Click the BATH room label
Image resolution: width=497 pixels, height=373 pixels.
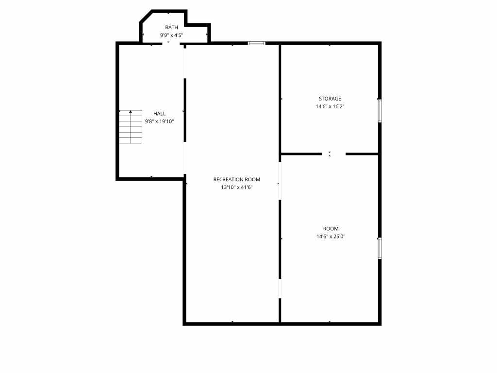click(x=171, y=28)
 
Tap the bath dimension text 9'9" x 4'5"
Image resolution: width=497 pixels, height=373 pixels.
click(x=171, y=35)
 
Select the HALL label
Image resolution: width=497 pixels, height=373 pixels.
click(x=159, y=114)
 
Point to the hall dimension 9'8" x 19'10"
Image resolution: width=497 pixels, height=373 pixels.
click(x=159, y=121)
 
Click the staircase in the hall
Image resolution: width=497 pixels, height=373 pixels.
click(x=131, y=127)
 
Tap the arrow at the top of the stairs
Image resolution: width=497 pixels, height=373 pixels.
click(x=131, y=111)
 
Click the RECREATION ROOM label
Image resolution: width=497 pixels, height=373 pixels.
click(x=237, y=180)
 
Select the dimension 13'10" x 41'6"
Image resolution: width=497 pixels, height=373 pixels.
click(x=237, y=187)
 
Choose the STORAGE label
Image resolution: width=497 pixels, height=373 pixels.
click(x=330, y=99)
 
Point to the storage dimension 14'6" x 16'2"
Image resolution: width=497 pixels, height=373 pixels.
click(x=330, y=106)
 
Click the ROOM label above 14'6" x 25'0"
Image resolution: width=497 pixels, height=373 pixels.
click(x=331, y=229)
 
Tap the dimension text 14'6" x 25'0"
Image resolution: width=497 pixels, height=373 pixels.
click(x=331, y=237)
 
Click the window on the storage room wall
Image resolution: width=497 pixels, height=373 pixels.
click(x=380, y=111)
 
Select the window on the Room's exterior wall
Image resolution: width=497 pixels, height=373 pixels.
click(x=380, y=248)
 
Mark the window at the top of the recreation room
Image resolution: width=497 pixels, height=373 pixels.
click(x=256, y=43)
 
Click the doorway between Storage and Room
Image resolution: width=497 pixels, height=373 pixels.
click(x=334, y=154)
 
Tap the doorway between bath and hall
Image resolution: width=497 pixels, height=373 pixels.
click(x=171, y=43)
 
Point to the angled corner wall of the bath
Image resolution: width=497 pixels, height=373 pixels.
click(x=146, y=16)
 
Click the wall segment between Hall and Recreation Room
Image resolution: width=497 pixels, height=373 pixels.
click(x=185, y=110)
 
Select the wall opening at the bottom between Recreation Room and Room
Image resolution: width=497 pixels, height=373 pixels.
click(x=280, y=288)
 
